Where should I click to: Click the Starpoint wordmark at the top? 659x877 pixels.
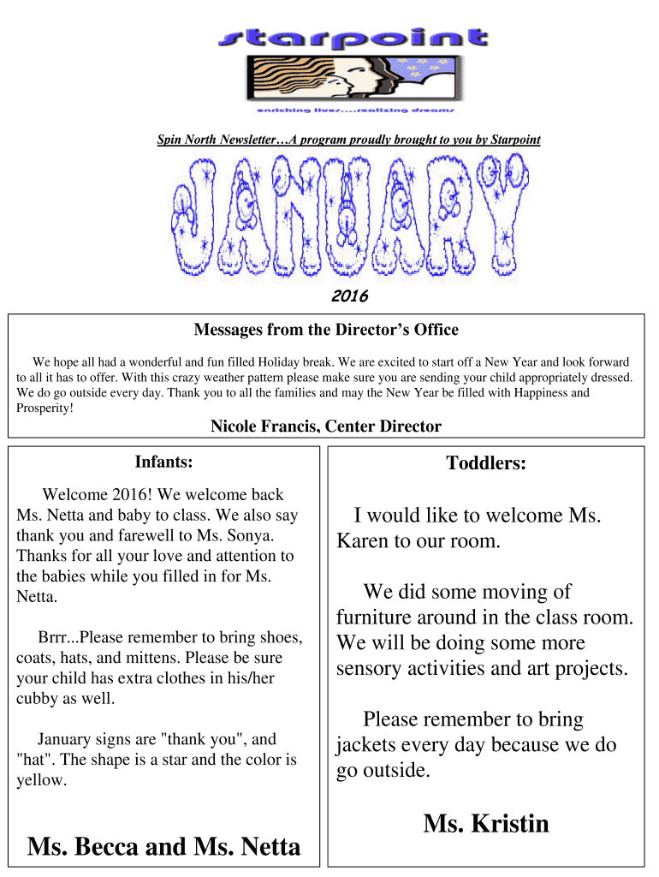354,37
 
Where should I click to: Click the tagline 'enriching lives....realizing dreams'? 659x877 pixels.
354,110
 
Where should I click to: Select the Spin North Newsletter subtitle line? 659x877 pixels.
348,140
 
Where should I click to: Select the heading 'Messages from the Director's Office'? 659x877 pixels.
326,330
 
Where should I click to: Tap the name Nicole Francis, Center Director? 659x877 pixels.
326,426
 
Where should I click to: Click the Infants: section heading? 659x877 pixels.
163,462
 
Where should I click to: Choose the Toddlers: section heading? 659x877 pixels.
485,463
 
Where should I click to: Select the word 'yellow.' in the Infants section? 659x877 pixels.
41,780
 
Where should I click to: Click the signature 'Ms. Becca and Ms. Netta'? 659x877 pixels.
163,847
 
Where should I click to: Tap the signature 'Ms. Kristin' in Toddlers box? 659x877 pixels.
485,824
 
